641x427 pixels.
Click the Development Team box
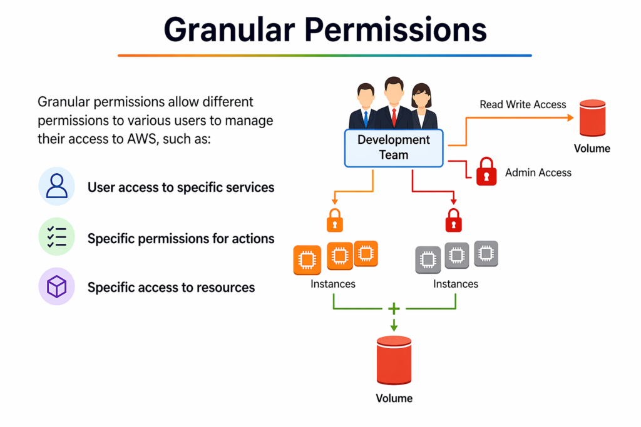click(x=394, y=148)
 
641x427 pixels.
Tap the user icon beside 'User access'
click(x=56, y=186)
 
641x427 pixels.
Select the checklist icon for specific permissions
click(x=56, y=237)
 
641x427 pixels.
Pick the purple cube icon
click(x=56, y=287)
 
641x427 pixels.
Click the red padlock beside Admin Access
click(x=486, y=171)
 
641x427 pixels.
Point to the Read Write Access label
click(x=523, y=104)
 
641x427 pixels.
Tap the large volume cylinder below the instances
click(x=394, y=360)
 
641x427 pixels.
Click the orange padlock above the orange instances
click(x=335, y=220)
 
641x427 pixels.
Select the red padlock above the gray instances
click(x=453, y=220)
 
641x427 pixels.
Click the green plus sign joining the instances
click(x=394, y=309)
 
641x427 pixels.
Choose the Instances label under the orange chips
click(x=333, y=284)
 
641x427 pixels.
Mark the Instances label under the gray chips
click(x=456, y=284)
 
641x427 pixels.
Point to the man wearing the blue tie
click(x=365, y=106)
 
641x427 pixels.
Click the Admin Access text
click(x=538, y=172)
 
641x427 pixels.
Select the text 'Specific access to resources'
click(x=171, y=288)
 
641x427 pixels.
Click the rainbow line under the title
click(x=324, y=56)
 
